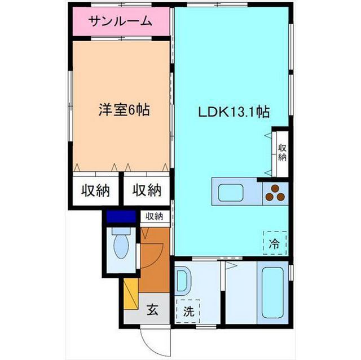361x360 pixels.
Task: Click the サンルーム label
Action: click(120, 21)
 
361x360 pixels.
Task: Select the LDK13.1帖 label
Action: click(232, 112)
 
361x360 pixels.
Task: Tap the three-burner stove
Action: click(275, 193)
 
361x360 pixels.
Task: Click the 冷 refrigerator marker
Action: click(274, 244)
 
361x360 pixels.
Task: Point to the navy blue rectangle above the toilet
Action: click(121, 216)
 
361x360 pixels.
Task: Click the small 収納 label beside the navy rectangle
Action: click(155, 216)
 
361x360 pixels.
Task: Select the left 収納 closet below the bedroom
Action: click(94, 190)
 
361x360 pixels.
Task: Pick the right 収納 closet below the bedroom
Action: click(147, 190)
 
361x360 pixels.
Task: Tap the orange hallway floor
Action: click(155, 265)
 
